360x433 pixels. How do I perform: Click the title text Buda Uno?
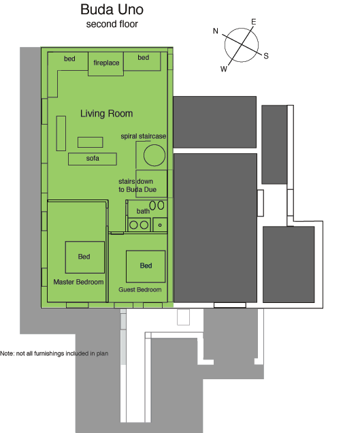(x=112, y=10)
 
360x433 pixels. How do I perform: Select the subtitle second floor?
(x=112, y=25)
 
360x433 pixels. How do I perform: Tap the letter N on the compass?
(x=216, y=31)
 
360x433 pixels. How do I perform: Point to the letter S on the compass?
(x=266, y=56)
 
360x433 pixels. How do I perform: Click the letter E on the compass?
(x=253, y=22)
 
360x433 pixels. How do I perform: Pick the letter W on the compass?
(x=224, y=69)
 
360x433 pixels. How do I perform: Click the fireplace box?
(x=105, y=64)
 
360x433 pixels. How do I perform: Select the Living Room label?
(x=107, y=114)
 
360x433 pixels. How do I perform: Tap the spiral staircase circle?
(x=154, y=155)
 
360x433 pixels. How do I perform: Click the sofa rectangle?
(x=93, y=159)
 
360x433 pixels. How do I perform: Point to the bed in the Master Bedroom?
(x=85, y=257)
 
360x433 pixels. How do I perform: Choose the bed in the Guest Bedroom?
(x=146, y=266)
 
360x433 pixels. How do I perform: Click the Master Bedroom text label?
(x=78, y=282)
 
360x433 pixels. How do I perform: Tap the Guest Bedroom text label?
(x=140, y=289)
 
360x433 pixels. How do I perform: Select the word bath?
(x=143, y=211)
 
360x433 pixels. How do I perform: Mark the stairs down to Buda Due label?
(x=137, y=186)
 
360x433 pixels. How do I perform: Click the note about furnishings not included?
(x=54, y=353)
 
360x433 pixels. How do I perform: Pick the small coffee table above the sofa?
(x=91, y=142)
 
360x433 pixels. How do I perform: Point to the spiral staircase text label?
(x=144, y=136)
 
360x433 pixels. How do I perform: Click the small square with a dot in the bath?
(x=160, y=225)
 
